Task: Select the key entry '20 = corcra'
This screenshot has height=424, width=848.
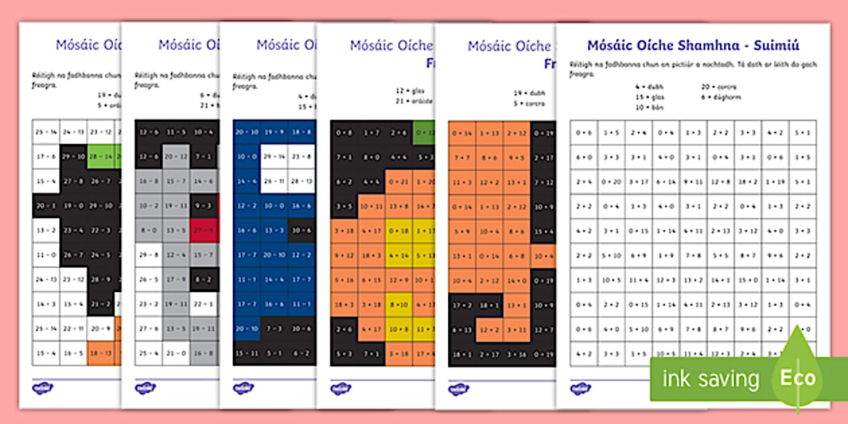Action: [719, 87]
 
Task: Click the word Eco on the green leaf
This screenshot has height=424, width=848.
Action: [798, 378]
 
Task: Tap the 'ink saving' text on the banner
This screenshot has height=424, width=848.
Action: [711, 379]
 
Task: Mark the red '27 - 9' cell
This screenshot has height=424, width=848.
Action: [203, 229]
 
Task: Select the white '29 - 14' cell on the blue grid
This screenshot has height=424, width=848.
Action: [274, 156]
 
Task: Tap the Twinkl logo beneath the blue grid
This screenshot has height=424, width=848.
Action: [243, 388]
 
